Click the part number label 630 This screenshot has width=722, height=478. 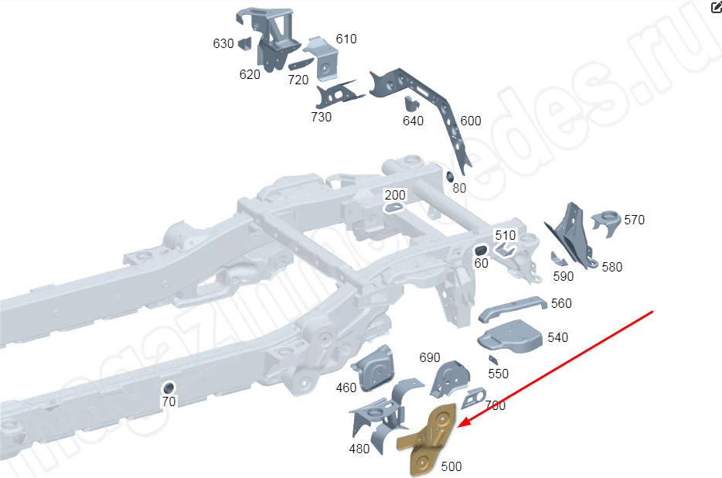(223, 43)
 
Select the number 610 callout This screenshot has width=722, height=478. (346, 39)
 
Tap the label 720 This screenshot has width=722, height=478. (298, 79)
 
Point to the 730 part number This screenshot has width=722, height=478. (321, 117)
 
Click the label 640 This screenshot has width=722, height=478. (414, 121)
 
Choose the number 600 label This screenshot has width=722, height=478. (470, 121)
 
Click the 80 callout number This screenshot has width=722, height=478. (459, 188)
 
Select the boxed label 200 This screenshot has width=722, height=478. (395, 195)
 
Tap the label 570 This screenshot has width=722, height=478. (634, 220)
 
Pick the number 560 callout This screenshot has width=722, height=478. (561, 303)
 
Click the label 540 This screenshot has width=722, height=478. (557, 337)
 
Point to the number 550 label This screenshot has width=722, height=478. (499, 374)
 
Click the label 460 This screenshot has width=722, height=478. (346, 388)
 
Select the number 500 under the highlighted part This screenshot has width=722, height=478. (451, 467)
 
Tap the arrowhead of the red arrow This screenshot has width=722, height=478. (460, 426)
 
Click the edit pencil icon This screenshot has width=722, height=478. (715, 7)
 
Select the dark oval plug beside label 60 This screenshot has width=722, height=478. (479, 249)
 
